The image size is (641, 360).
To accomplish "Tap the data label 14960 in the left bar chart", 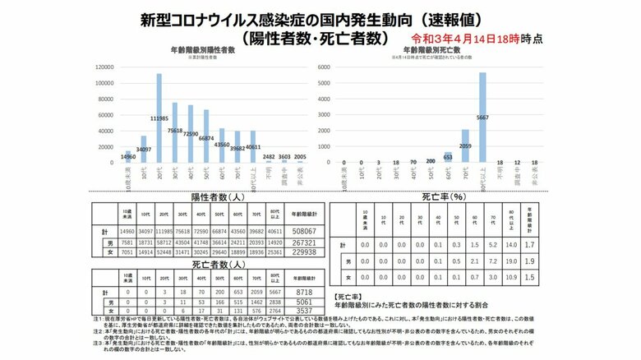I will tap(127, 157).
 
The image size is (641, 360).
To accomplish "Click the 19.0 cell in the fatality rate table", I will tap(515, 260).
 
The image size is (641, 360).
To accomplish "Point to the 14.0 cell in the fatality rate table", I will tap(515, 244).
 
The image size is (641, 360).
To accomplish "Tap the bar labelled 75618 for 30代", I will tap(175, 134).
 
